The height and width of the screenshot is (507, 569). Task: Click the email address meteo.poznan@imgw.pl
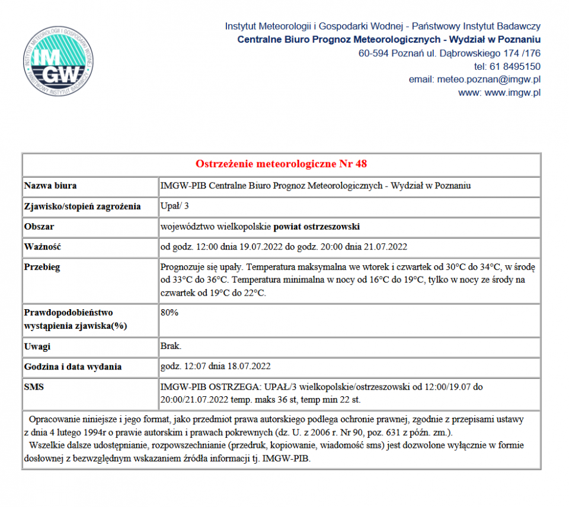pos(488,79)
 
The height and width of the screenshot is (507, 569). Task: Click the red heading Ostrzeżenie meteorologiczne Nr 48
pos(282,163)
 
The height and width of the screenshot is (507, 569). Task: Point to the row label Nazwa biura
pos(50,186)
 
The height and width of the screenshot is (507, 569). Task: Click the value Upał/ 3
pos(175,207)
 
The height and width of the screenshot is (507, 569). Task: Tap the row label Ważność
pos(43,247)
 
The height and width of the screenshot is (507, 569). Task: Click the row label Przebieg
pos(42,267)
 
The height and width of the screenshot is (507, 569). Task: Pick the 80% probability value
pos(170,312)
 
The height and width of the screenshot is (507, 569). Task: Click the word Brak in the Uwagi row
pos(171,346)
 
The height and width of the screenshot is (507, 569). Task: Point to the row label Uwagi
pos(37,346)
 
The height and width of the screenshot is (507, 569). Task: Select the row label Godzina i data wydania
pos(73,367)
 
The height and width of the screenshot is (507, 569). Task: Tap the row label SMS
pos(34,387)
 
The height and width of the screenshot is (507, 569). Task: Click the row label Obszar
pos(39,227)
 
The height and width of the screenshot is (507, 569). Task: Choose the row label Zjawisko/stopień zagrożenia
pos(82,207)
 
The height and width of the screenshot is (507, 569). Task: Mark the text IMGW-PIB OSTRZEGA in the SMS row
pos(200,387)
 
